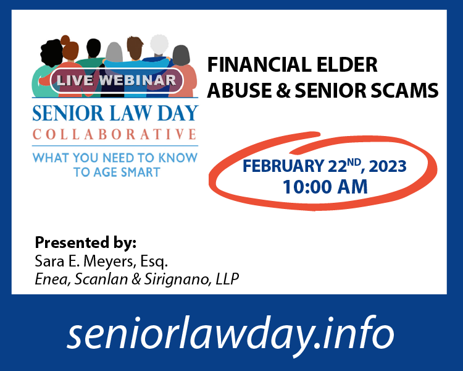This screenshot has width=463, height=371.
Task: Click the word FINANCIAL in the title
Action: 256,64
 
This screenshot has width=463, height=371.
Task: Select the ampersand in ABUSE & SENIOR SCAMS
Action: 283,90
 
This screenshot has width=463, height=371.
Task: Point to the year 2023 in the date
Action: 388,166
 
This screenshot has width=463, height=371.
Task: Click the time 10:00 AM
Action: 325,187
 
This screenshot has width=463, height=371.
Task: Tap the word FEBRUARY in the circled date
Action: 283,166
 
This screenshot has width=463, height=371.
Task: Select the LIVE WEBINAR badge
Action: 117,80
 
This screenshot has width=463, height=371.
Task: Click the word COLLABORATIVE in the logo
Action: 114,134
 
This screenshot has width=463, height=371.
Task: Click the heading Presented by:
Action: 86,242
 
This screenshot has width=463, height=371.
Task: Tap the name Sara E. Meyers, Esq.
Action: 101,261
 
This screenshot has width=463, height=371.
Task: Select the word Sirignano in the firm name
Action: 177,279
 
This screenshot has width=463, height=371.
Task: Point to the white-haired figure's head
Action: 159,45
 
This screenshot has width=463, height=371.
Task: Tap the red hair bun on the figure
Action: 65,40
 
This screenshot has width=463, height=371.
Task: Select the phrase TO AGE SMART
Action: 117,172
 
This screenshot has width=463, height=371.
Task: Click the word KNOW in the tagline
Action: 178,158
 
